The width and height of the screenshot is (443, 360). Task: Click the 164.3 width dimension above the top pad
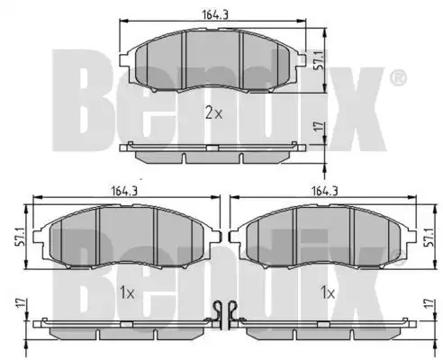[215, 14]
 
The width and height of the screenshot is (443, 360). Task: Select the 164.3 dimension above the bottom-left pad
[125, 191]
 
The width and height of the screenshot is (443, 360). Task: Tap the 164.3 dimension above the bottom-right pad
[325, 191]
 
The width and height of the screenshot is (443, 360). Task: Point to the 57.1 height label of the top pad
[319, 60]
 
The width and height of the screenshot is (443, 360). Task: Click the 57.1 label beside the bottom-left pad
[20, 237]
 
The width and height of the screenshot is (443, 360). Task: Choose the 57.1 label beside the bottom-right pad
[429, 237]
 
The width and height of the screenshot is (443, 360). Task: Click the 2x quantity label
[214, 113]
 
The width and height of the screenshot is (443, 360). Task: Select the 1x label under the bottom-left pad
[127, 292]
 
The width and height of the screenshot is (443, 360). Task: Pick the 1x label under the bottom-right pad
[328, 292]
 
